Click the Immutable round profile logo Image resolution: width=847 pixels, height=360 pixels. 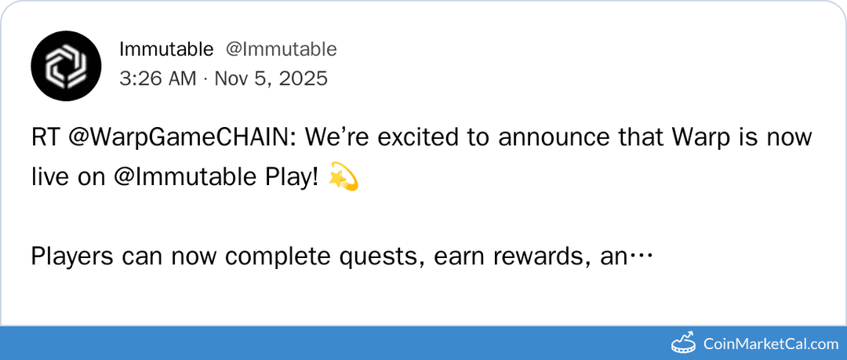tap(66, 66)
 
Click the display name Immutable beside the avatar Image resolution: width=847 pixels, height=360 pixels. tap(166, 49)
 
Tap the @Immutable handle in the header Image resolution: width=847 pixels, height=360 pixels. tap(282, 49)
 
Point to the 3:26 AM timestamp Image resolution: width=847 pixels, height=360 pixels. tap(156, 79)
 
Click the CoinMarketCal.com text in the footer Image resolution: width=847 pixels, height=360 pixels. tap(771, 344)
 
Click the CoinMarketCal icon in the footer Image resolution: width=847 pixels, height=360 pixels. tap(685, 343)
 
